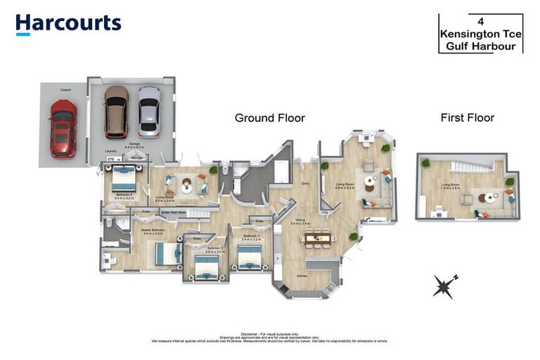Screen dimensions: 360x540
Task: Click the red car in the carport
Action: [63, 129]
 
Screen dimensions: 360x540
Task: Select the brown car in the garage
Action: [116, 112]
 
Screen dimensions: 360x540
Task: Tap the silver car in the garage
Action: [148, 112]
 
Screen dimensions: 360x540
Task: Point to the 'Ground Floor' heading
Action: [269, 118]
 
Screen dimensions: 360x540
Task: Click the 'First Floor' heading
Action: [467, 117]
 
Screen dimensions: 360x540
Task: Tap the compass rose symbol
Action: [444, 285]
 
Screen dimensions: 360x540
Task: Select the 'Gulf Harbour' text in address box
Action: [480, 47]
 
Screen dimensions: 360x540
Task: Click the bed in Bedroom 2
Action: [206, 266]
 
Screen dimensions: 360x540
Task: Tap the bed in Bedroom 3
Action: [249, 257]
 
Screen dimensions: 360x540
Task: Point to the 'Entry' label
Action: [305, 185]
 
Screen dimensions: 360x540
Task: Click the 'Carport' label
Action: [65, 90]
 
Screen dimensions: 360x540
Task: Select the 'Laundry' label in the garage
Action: [110, 150]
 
